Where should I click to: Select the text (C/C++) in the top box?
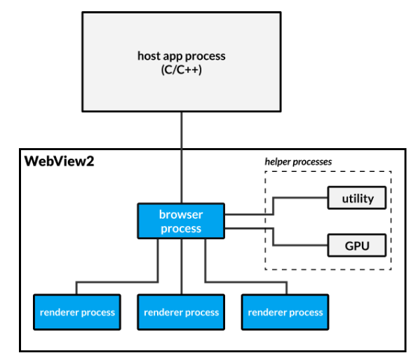[x=181, y=69]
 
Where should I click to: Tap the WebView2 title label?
[x=59, y=161]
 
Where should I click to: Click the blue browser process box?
[x=181, y=220]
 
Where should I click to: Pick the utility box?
[x=358, y=199]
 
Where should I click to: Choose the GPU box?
[x=358, y=246]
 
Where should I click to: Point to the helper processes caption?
[x=298, y=161]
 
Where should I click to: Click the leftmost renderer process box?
[x=77, y=312]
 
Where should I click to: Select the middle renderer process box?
[x=181, y=312]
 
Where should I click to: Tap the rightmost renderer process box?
[x=285, y=312]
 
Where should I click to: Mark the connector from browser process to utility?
[x=274, y=205]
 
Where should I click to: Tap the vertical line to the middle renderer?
[x=181, y=267]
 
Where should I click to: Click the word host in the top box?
[x=149, y=55]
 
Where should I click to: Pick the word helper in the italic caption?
[x=278, y=161]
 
